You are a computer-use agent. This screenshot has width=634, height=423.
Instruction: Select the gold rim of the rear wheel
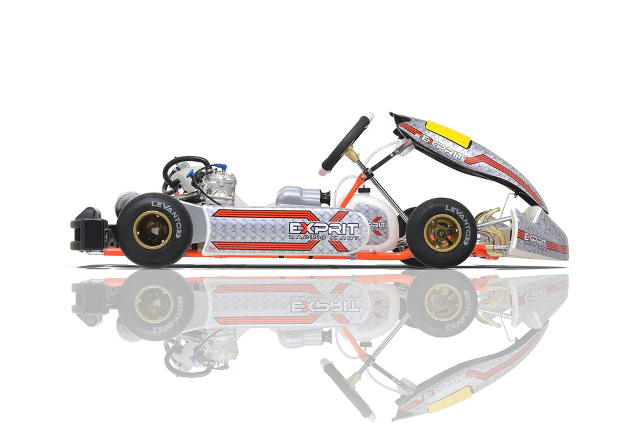153,229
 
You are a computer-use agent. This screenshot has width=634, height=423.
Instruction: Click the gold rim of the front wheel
442,232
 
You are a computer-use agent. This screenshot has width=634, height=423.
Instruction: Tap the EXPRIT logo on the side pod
323,227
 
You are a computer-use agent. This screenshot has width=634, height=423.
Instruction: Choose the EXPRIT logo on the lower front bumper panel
536,241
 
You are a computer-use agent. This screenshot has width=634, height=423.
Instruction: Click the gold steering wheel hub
348,153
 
